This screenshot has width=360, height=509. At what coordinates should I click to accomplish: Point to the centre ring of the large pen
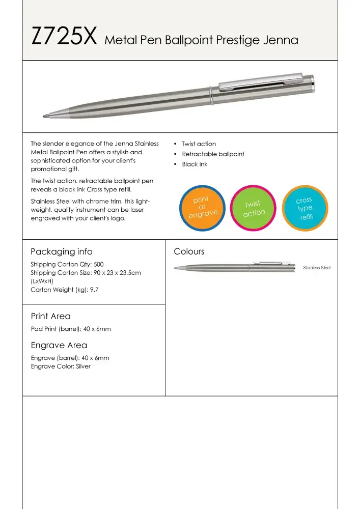click(x=210, y=95)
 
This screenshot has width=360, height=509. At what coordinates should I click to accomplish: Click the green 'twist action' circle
click(x=253, y=209)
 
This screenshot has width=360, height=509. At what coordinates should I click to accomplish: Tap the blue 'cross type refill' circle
click(x=304, y=208)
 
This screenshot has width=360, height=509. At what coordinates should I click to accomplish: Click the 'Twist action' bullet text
click(x=199, y=144)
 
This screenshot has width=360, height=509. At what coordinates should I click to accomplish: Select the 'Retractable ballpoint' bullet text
click(x=213, y=154)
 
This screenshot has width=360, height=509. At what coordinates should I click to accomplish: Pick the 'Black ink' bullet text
click(x=195, y=164)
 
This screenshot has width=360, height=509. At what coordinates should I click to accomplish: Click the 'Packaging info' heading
click(x=62, y=251)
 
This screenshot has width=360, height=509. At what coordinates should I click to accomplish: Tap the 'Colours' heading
click(x=189, y=251)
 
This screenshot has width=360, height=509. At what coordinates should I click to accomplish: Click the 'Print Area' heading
click(x=51, y=316)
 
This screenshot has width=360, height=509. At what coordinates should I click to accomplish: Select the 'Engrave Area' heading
click(x=59, y=345)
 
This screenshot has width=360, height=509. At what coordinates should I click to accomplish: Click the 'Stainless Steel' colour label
click(x=317, y=268)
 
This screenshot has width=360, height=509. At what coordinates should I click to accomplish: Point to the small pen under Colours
click(x=235, y=266)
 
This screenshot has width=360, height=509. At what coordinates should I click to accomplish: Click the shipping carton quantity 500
click(x=99, y=265)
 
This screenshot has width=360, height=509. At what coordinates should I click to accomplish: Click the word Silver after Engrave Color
click(x=83, y=366)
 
